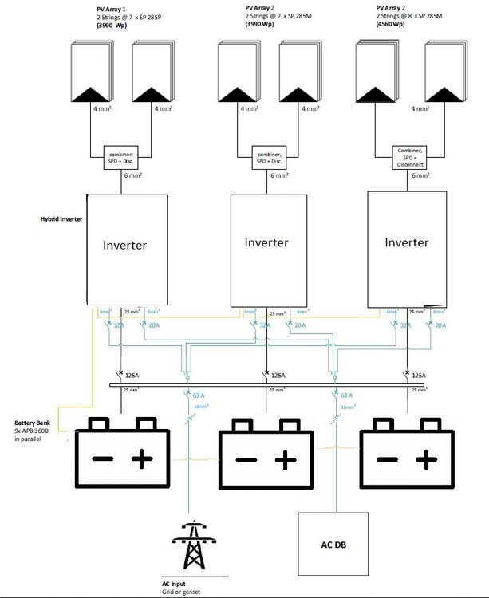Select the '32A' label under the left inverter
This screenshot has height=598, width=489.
(118, 326)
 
